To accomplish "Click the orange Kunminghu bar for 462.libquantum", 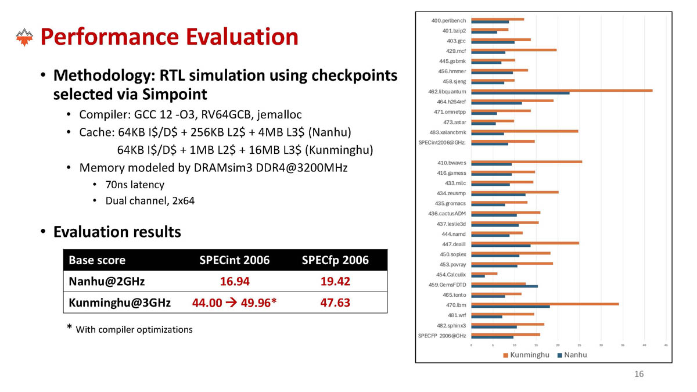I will (x=561, y=90).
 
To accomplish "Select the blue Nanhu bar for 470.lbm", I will (x=510, y=306).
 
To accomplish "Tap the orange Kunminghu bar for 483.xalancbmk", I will (x=524, y=131).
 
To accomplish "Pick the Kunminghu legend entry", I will (x=526, y=355).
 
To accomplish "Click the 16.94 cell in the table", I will (x=235, y=282).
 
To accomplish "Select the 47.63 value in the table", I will (x=335, y=303).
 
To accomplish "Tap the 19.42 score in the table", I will (x=335, y=282).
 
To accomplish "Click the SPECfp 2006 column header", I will (x=335, y=260).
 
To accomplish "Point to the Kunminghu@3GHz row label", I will (x=120, y=303).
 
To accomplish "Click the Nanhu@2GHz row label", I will (x=107, y=282).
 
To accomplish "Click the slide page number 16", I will (x=639, y=374).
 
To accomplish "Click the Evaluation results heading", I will (x=117, y=232).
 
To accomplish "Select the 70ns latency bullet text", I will (x=135, y=185).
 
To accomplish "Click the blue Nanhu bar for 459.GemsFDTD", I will (x=504, y=286).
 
